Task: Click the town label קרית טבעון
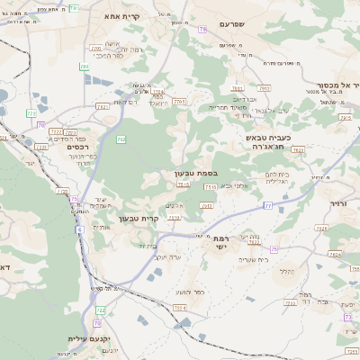pos(139,218)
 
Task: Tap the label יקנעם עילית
pos(87,339)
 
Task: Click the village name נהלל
pos(287,270)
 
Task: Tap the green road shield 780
pos(84,67)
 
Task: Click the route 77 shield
pos(267,206)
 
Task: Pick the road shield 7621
pos(102,106)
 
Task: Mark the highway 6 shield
pos(79,230)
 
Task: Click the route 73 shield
pos(348,317)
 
